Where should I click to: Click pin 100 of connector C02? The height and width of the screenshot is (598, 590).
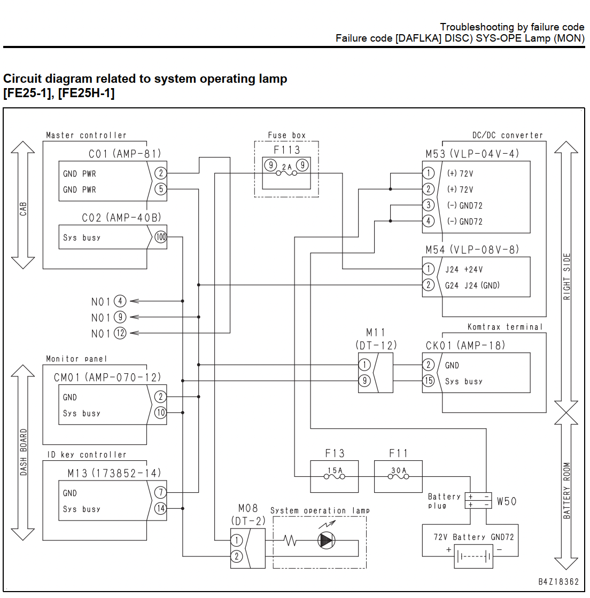pyautogui.click(x=161, y=237)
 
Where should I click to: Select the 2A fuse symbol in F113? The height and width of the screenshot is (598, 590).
pyautogui.click(x=286, y=173)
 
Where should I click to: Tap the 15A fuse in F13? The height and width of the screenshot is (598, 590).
pyautogui.click(x=335, y=476)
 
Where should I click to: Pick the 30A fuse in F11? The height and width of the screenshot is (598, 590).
pyautogui.click(x=399, y=476)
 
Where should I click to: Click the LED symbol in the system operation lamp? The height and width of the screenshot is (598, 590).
pyautogui.click(x=327, y=540)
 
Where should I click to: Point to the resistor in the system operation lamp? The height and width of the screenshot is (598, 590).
pyautogui.click(x=290, y=540)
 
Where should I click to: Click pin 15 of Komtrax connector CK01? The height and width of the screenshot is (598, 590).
pyautogui.click(x=429, y=381)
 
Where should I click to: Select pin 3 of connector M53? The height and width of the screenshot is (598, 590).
pyautogui.click(x=429, y=205)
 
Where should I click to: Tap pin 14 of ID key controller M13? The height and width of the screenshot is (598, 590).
pyautogui.click(x=160, y=508)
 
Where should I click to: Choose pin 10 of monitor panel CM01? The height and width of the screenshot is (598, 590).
pyautogui.click(x=160, y=412)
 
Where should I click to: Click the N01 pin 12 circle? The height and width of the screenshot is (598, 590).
pyautogui.click(x=120, y=333)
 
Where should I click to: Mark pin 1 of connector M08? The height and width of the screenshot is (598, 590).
pyautogui.click(x=237, y=540)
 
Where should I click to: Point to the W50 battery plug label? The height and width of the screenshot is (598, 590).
pyautogui.click(x=507, y=501)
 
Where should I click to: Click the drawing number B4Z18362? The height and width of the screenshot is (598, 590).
pyautogui.click(x=558, y=581)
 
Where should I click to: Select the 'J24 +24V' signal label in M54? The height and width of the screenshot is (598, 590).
pyautogui.click(x=464, y=269)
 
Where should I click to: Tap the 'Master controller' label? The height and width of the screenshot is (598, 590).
pyautogui.click(x=86, y=135)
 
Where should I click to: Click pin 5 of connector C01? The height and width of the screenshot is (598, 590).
pyautogui.click(x=161, y=189)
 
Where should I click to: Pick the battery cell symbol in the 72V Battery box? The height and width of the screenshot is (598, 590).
pyautogui.click(x=473, y=557)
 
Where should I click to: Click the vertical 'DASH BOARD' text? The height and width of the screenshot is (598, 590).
pyautogui.click(x=24, y=452)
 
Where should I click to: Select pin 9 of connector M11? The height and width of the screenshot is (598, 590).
pyautogui.click(x=364, y=381)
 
